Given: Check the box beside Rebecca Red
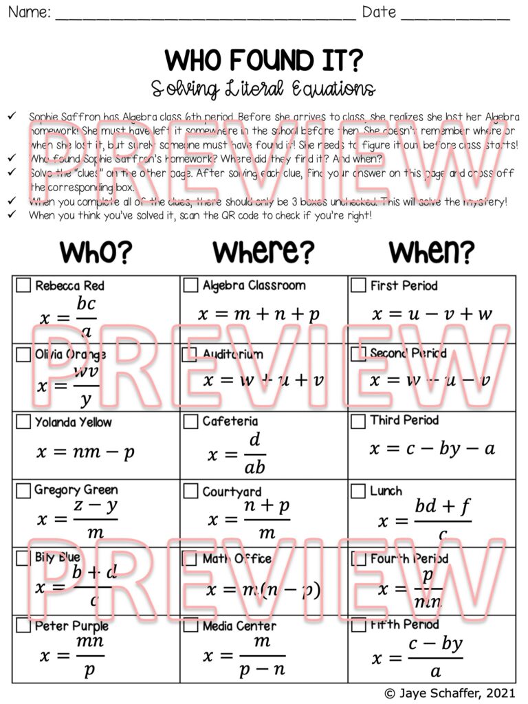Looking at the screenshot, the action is point(23,285).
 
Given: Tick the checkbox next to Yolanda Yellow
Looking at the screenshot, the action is point(23,421).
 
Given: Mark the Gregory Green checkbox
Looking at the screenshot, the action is point(23,490).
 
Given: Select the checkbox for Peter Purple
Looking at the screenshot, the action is point(23,626).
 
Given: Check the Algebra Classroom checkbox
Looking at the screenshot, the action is point(190,285).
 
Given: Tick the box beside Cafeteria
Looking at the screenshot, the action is point(190,421).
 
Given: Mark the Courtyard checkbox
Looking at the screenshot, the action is point(190,491).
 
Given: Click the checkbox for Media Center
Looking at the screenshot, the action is point(190,626).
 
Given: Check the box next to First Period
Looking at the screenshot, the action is point(358,285).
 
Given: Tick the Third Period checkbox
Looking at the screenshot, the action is point(358,421).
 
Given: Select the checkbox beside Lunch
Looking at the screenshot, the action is point(358,491).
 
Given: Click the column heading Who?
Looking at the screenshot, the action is point(96,253).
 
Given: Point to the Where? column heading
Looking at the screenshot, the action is point(263,253).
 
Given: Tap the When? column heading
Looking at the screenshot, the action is point(432,253).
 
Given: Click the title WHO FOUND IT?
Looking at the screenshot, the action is point(263,61).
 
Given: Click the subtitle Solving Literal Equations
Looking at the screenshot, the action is point(263,89).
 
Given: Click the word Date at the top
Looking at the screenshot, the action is point(379,12).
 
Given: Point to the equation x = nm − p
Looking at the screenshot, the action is point(86,452).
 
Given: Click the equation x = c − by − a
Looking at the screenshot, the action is point(432,449).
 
